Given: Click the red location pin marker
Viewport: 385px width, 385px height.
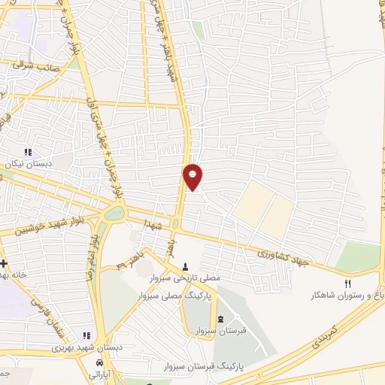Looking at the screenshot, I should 193,176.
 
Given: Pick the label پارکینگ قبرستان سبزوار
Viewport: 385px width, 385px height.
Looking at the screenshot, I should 203,366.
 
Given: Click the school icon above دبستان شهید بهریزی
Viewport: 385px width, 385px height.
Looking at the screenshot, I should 87,335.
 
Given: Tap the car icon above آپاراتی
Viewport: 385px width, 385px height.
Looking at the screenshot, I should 99,362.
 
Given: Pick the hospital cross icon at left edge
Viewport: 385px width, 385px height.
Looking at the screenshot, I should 5,263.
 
